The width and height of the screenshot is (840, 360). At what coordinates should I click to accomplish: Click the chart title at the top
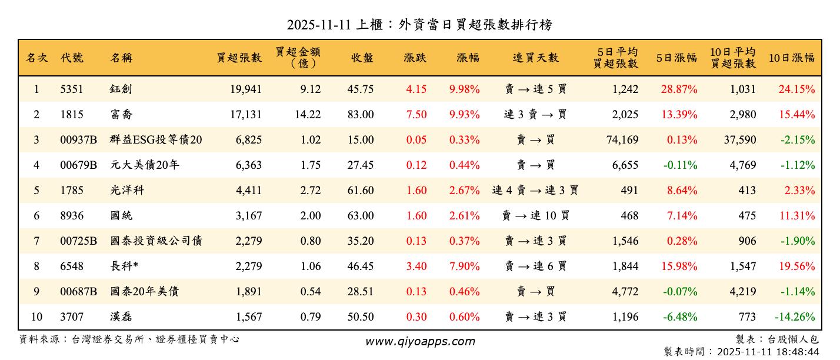click(419, 25)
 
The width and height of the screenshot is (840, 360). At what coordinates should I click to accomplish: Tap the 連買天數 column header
click(535, 58)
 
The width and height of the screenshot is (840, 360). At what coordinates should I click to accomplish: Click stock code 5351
click(72, 89)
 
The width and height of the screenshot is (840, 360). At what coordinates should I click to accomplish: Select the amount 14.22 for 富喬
click(308, 115)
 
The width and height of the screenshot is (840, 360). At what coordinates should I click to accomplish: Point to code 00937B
click(79, 140)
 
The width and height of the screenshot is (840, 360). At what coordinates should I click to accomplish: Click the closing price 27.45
click(360, 165)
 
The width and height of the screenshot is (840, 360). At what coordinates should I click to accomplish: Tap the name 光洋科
click(126, 191)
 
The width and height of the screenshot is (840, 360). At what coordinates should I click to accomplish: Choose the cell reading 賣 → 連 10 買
click(535, 216)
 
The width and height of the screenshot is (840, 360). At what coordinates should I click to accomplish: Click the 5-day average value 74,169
click(621, 140)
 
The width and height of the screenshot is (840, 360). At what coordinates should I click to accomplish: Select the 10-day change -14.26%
click(795, 317)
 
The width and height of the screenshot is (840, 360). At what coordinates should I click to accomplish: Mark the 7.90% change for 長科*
click(465, 266)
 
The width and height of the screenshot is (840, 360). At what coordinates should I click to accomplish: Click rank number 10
click(36, 317)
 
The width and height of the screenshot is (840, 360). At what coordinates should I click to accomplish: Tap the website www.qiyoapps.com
click(420, 341)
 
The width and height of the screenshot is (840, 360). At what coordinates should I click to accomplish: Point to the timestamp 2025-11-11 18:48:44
click(768, 352)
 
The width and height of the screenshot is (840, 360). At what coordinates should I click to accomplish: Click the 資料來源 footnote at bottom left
click(129, 339)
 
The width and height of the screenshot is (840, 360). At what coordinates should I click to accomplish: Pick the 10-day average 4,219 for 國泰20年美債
click(743, 292)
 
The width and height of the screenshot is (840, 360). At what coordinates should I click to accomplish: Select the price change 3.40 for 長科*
click(416, 266)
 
